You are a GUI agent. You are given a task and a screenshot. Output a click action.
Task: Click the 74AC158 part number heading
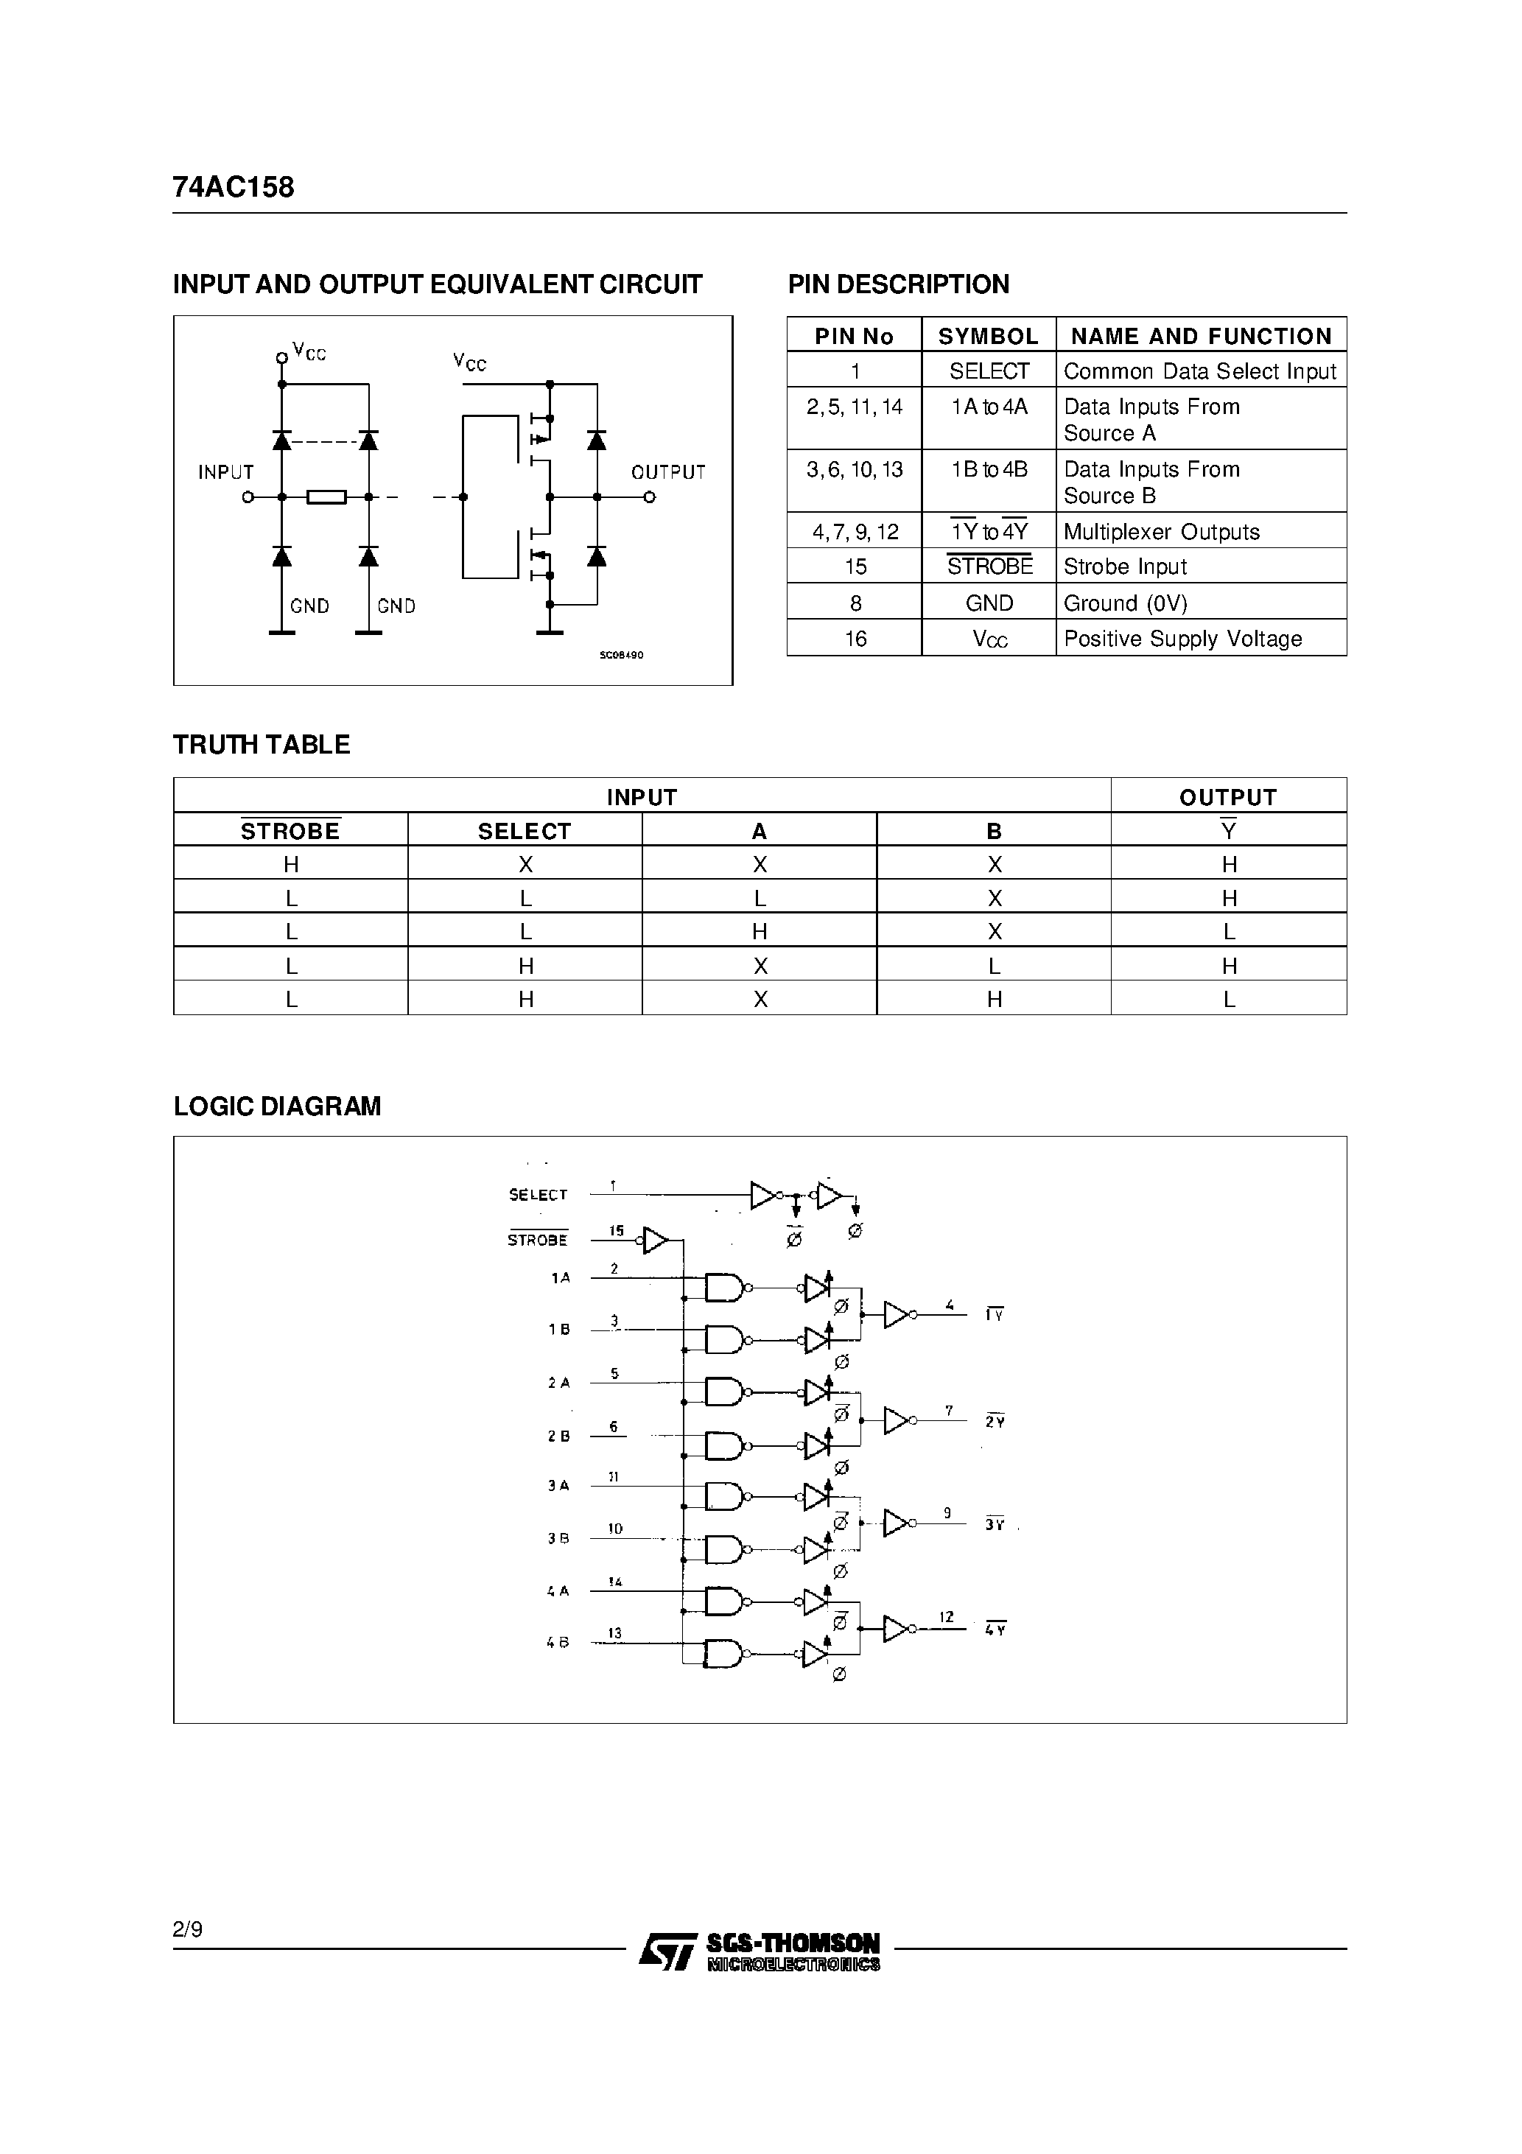click(x=234, y=188)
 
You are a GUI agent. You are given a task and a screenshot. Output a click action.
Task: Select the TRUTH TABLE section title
click(x=262, y=745)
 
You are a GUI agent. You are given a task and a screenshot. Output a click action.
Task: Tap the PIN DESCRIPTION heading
click(x=898, y=284)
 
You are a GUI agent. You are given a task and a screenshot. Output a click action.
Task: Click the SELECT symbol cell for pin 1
click(x=989, y=371)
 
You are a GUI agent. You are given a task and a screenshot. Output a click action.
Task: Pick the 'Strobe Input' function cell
click(x=1125, y=566)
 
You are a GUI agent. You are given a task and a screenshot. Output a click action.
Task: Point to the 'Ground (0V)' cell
click(x=1125, y=603)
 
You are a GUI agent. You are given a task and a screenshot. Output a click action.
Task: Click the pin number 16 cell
click(x=855, y=639)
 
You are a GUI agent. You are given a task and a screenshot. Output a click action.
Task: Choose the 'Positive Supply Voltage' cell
click(x=1182, y=639)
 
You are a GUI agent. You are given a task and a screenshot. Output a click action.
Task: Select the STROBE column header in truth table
click(x=290, y=831)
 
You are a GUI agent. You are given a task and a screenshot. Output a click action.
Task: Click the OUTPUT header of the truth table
click(x=1227, y=797)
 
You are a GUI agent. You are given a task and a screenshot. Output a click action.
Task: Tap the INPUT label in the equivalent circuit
click(x=226, y=473)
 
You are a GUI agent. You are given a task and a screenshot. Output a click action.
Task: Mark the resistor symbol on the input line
click(x=326, y=497)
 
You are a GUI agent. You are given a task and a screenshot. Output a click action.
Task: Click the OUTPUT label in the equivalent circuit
click(x=668, y=473)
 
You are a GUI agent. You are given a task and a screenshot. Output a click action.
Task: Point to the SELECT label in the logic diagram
click(x=538, y=1194)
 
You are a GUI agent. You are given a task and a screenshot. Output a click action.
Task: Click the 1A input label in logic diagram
click(x=560, y=1278)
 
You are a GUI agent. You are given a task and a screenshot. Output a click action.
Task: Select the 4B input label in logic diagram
click(x=558, y=1643)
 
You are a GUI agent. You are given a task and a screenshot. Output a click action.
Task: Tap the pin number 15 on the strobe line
click(x=616, y=1230)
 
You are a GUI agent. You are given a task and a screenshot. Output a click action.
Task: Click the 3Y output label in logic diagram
click(x=995, y=1526)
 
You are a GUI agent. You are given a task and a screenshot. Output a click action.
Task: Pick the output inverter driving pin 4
click(x=897, y=1315)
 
